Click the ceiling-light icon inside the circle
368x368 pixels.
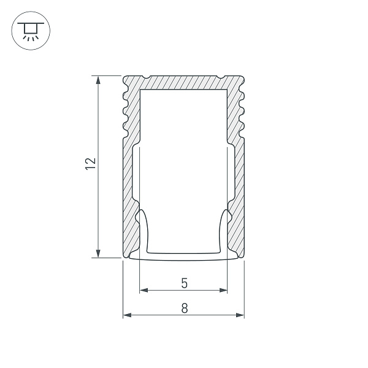(x=28, y=30)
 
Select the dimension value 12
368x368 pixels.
(x=91, y=163)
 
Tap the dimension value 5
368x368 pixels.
(x=184, y=283)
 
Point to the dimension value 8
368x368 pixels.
(x=184, y=309)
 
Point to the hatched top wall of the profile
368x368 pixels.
(x=184, y=82)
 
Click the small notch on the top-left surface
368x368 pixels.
(x=147, y=77)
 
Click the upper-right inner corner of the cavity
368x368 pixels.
(x=227, y=90)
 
